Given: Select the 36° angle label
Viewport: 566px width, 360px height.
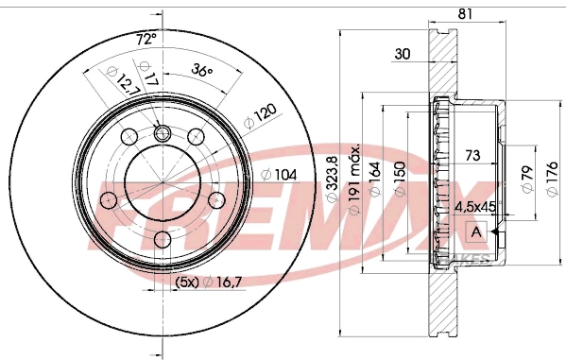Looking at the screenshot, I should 201,68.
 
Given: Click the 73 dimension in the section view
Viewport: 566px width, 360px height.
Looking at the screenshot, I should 473,153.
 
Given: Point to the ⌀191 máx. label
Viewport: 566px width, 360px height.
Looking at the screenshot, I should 355,180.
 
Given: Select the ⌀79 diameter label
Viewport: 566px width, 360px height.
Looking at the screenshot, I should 526,178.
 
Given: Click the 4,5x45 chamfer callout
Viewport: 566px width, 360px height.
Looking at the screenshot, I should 475,206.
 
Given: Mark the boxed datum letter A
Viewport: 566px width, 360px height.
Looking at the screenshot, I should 475,231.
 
